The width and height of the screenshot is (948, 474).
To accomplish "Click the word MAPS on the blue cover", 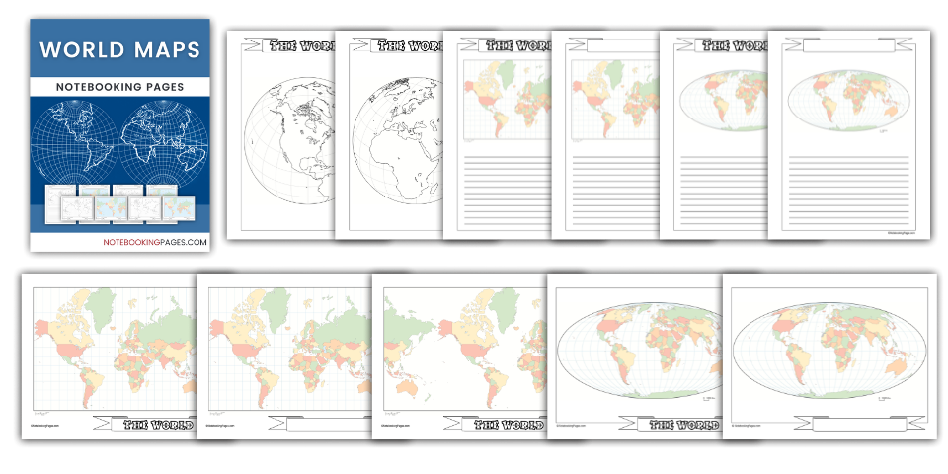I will (163, 49).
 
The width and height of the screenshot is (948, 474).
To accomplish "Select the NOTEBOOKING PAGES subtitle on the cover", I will (119, 87).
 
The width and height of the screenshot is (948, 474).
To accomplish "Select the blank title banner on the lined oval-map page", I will (834, 45).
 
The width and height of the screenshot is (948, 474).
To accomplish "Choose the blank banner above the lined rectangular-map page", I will (617, 45).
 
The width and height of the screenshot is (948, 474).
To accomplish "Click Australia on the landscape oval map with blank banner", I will (895, 368).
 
